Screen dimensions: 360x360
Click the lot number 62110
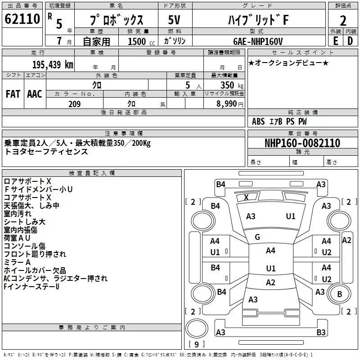[22, 19]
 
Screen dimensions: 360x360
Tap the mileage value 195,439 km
[53, 65]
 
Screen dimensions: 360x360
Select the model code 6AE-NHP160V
[258, 41]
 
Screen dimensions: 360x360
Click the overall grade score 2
[343, 21]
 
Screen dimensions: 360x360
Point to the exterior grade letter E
[336, 41]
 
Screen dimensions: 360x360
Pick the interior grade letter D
[350, 41]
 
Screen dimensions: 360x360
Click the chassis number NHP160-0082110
[302, 143]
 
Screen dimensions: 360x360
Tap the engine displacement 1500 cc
[141, 41]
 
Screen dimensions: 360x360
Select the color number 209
[74, 104]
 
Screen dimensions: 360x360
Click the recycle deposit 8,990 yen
[230, 104]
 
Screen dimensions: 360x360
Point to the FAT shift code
[13, 94]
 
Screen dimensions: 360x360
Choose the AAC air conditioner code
[35, 94]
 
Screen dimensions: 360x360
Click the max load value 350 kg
[232, 85]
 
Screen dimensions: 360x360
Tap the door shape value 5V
[174, 20]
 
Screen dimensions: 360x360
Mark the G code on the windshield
[257, 237]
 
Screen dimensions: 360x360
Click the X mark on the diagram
[246, 197]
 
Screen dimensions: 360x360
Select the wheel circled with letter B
[340, 294]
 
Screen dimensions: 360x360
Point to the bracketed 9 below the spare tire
[196, 344]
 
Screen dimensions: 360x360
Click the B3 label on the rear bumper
[321, 332]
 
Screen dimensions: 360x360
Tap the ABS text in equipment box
[258, 121]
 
